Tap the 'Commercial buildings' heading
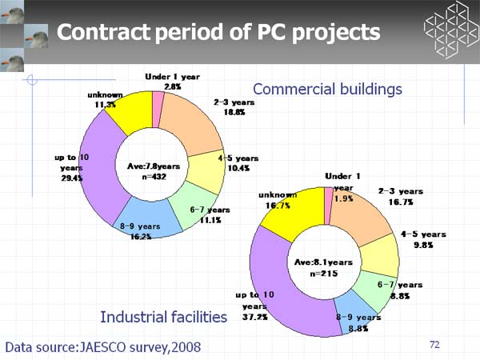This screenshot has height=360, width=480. click(x=326, y=89)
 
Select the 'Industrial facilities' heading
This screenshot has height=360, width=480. click(x=163, y=318)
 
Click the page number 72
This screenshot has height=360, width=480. click(x=434, y=344)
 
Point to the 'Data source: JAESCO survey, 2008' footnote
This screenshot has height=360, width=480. click(x=103, y=346)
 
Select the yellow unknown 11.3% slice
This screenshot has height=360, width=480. click(x=128, y=111)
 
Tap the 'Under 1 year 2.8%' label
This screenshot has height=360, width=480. click(x=172, y=81)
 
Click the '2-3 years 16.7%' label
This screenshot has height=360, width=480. click(x=401, y=197)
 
